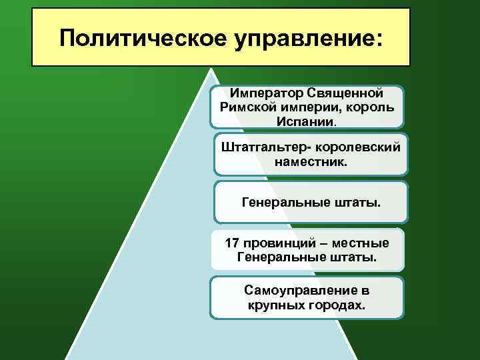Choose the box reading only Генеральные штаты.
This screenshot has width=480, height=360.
(x=311, y=201)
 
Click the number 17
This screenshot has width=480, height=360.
(x=236, y=242)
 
